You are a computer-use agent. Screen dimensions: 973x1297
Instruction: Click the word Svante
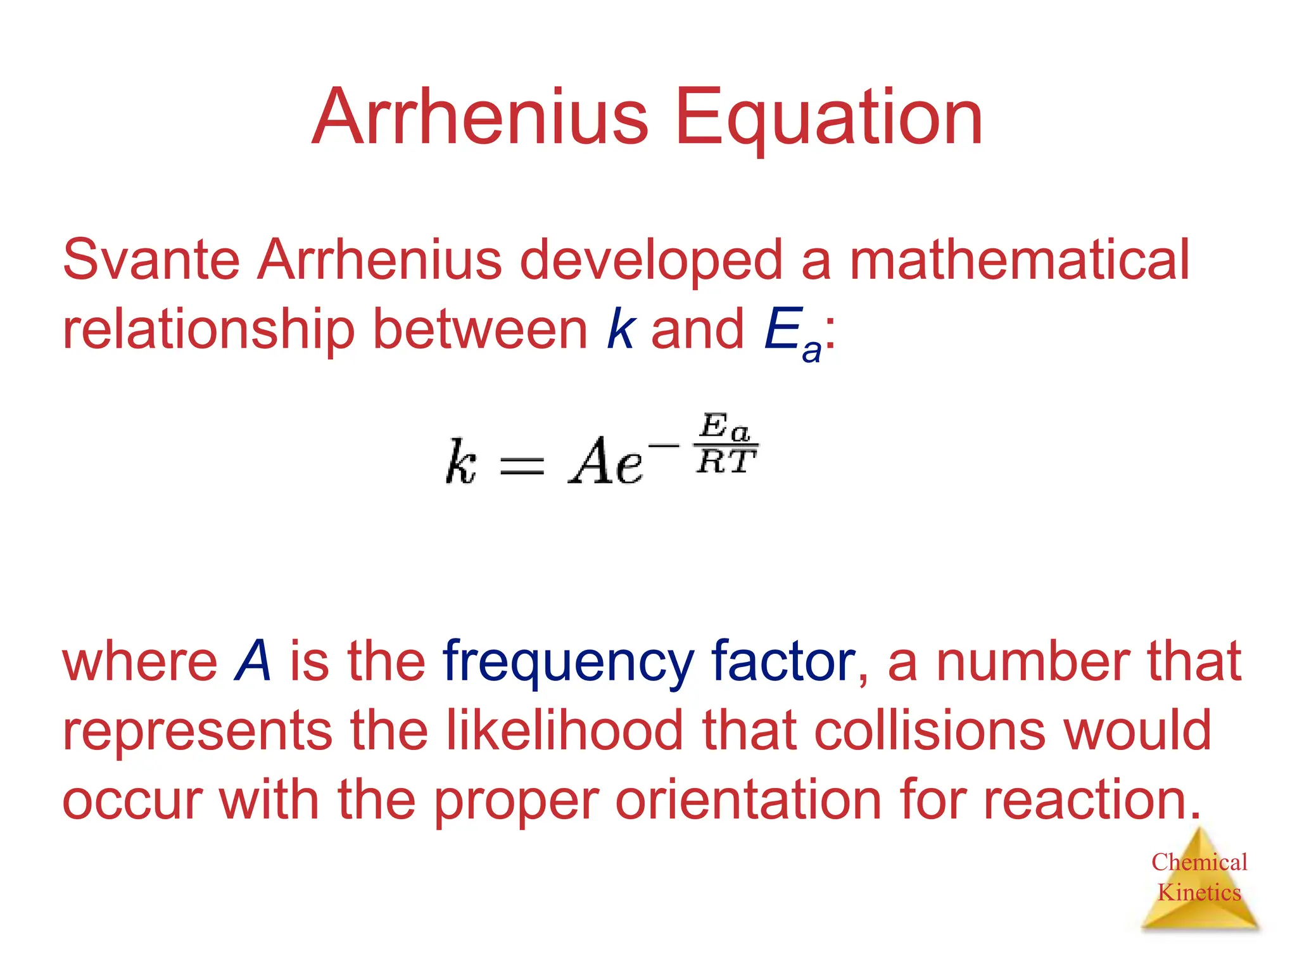(151, 260)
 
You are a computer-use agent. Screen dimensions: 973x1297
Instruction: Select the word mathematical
(1019, 260)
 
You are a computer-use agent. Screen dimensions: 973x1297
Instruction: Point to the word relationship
(208, 329)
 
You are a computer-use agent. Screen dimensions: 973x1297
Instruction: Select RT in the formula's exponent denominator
(726, 462)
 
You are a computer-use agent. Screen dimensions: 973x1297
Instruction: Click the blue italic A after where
(253, 661)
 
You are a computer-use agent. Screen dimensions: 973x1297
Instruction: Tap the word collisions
(930, 730)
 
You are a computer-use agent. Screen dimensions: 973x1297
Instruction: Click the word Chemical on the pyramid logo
(1199, 862)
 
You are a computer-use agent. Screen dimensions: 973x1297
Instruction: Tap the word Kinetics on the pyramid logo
(1199, 893)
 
